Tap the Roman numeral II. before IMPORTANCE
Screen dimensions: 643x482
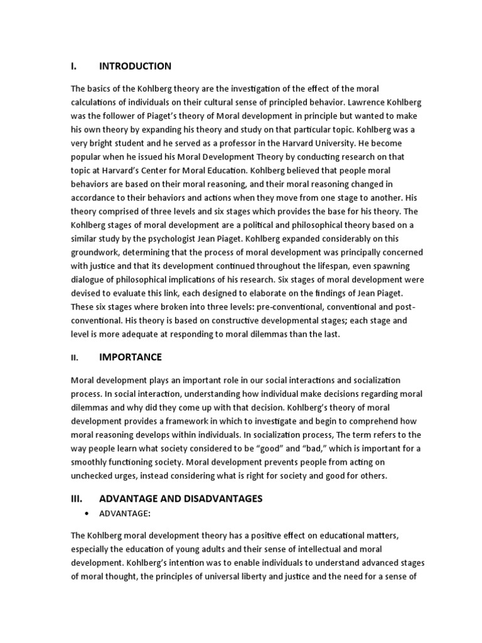[74, 358]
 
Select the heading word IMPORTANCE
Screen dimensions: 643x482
[131, 357]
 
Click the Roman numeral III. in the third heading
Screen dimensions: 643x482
[77, 499]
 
